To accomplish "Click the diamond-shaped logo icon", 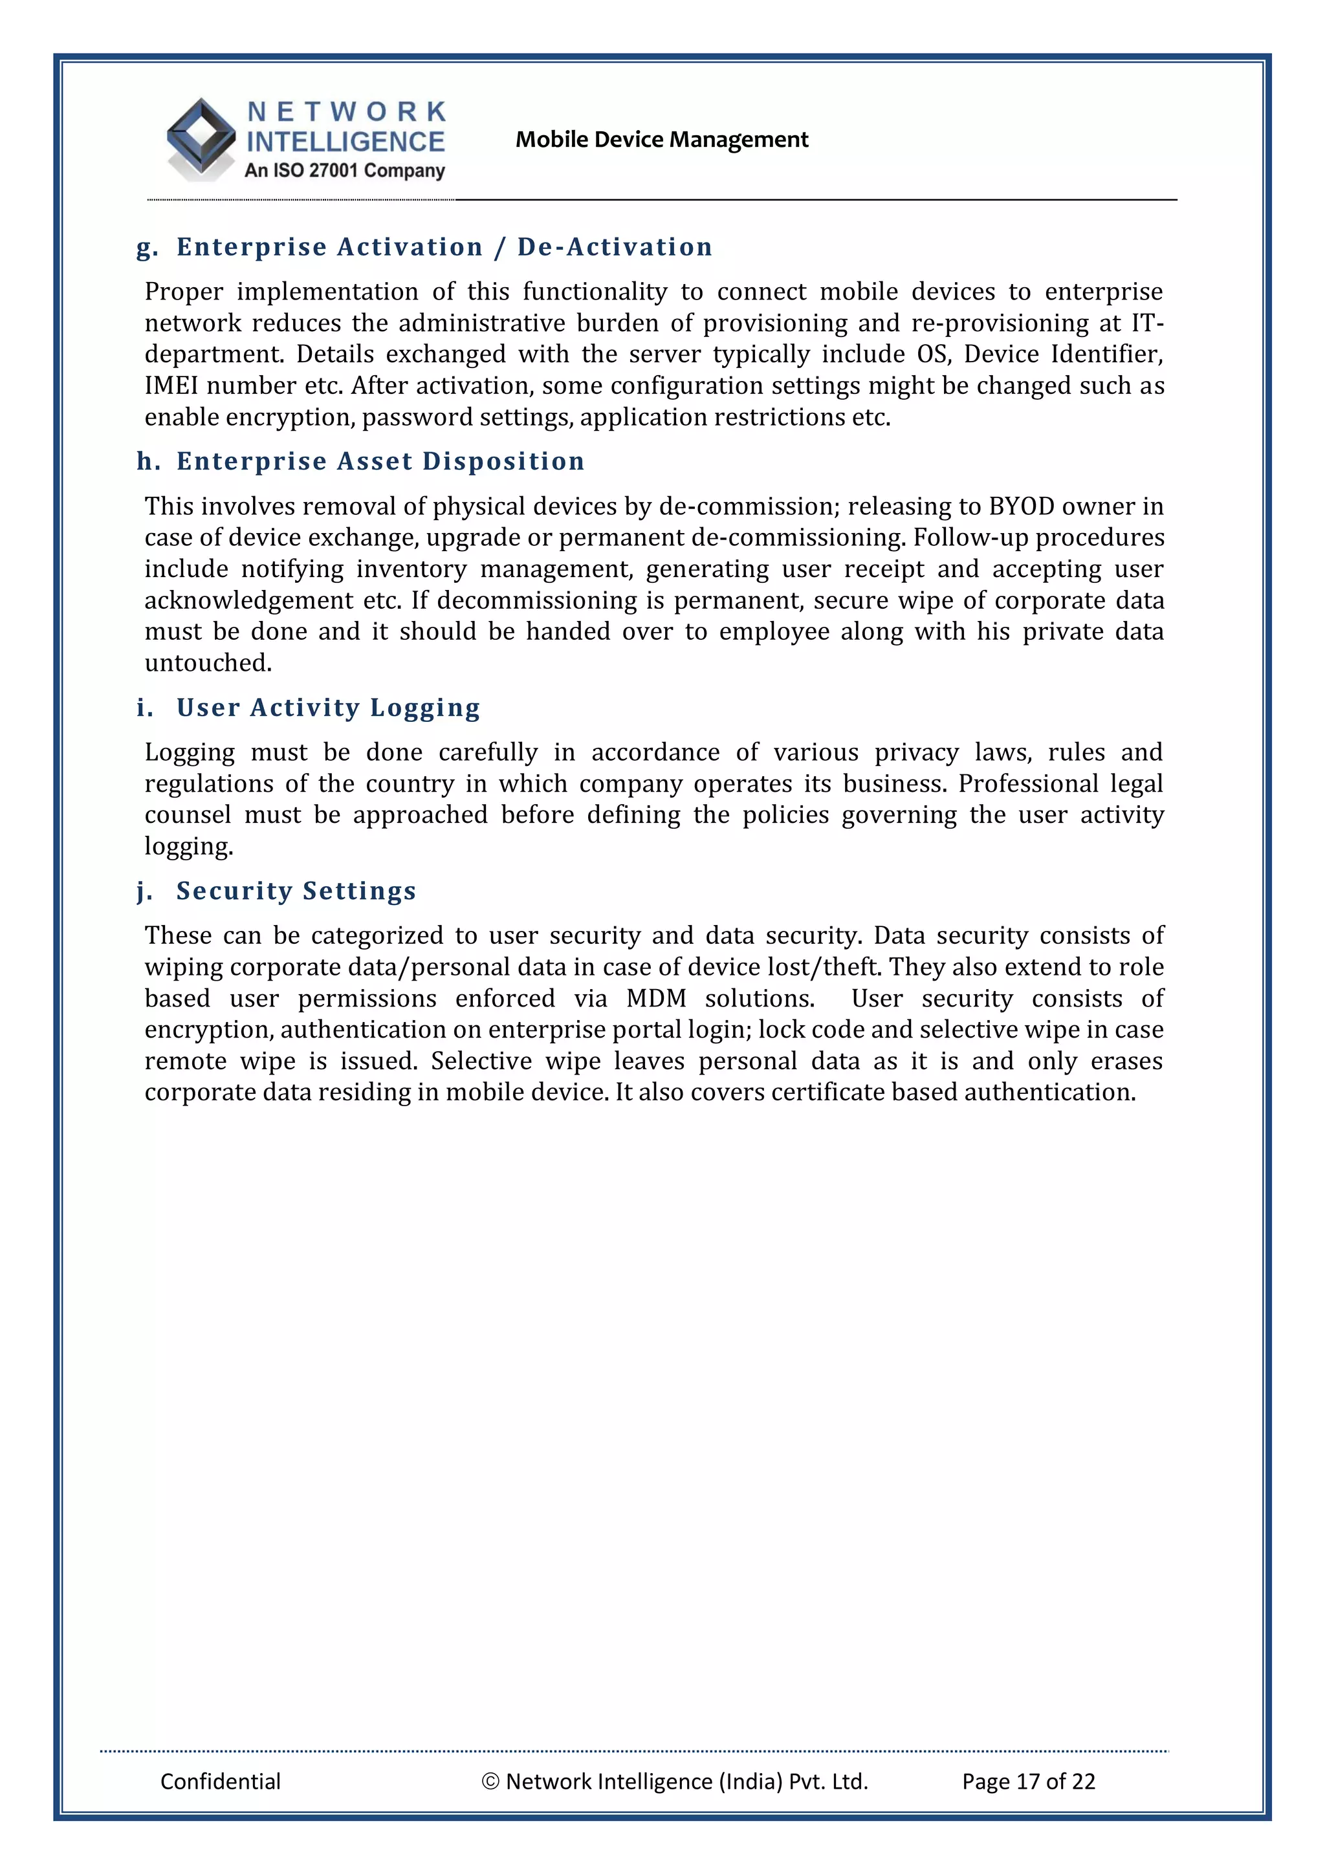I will pos(201,138).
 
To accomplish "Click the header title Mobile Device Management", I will pos(661,140).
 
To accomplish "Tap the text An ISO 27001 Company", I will pos(345,171).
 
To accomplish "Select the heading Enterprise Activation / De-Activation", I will pos(444,246).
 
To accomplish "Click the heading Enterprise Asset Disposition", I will pos(380,461).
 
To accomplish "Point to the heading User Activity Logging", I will pos(328,707).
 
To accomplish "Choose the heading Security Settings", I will pos(296,891).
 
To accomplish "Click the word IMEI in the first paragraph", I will pos(171,386).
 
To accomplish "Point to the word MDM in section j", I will pos(657,998).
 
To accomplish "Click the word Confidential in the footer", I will pos(221,1781).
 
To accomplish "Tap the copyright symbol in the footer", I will pos(490,1781).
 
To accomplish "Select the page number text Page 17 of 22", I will pos(1028,1781).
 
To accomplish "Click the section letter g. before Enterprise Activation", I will pos(147,247).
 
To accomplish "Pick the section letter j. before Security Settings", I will pos(144,891).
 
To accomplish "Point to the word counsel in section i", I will pos(188,814).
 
